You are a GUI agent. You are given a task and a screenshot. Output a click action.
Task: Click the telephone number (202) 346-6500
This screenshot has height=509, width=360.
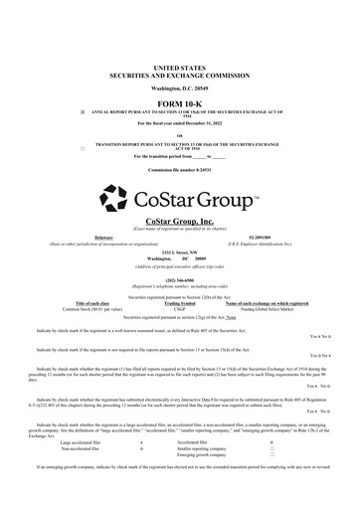pyautogui.click(x=180, y=279)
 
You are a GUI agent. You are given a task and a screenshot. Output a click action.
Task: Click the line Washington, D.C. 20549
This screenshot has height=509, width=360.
pyautogui.click(x=180, y=61)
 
